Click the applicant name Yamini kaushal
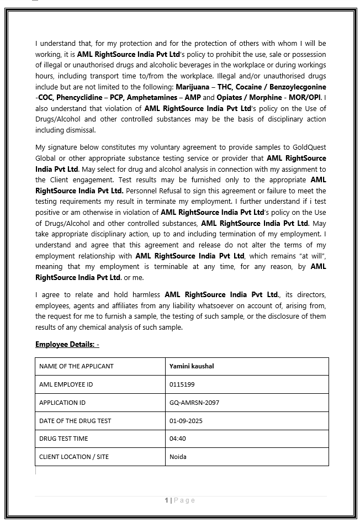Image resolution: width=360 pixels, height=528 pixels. (192, 366)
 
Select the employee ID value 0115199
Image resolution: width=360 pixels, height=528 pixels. (182, 384)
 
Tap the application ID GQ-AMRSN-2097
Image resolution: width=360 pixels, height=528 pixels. (194, 403)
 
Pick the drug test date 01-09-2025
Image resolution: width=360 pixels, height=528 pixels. (187, 421)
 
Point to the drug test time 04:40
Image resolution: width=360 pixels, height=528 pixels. (178, 439)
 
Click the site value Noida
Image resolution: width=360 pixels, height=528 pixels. (178, 457)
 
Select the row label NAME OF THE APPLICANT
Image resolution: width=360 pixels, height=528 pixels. (76, 366)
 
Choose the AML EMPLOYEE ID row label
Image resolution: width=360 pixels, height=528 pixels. (66, 384)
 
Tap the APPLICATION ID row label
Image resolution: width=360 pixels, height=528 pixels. (62, 403)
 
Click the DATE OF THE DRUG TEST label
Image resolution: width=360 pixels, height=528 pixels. (75, 421)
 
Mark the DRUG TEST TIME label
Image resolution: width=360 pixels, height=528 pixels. (63, 439)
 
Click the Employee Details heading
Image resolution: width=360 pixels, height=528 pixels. (67, 344)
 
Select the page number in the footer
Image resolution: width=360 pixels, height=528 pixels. (166, 500)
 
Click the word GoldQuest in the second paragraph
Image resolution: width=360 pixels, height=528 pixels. (309, 147)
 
